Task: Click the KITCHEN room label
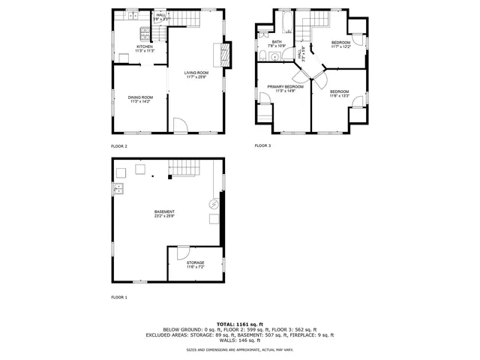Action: pos(145,46)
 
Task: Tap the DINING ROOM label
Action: pos(141,97)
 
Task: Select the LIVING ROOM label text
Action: pos(196,72)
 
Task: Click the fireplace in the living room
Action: pos(223,55)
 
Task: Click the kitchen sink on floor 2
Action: pos(132,14)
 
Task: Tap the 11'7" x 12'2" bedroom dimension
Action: pos(341,46)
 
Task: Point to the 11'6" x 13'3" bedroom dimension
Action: pos(340,95)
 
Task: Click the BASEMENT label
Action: pos(164,212)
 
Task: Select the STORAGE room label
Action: pos(196,262)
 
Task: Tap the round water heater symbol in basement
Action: pos(214,204)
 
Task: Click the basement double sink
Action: pos(118,189)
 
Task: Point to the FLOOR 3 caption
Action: pos(262,145)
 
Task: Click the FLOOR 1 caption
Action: pos(119,298)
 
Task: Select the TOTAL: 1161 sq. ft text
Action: pos(240,323)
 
